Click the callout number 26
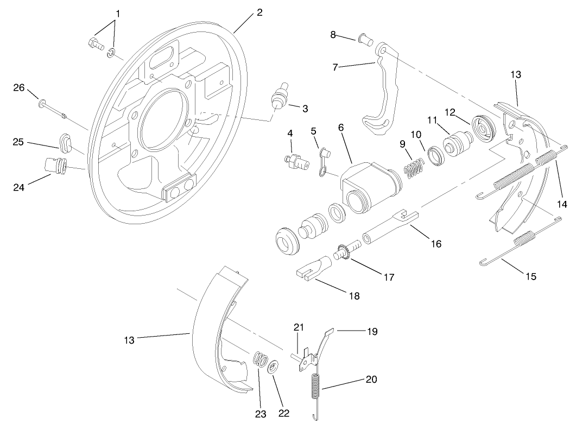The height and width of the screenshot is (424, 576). click(x=19, y=86)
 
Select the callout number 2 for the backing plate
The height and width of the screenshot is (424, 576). click(x=259, y=12)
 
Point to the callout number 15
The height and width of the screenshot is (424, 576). click(x=530, y=276)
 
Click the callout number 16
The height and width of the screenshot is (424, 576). click(x=436, y=244)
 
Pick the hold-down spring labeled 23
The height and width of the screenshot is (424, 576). click(x=260, y=360)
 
